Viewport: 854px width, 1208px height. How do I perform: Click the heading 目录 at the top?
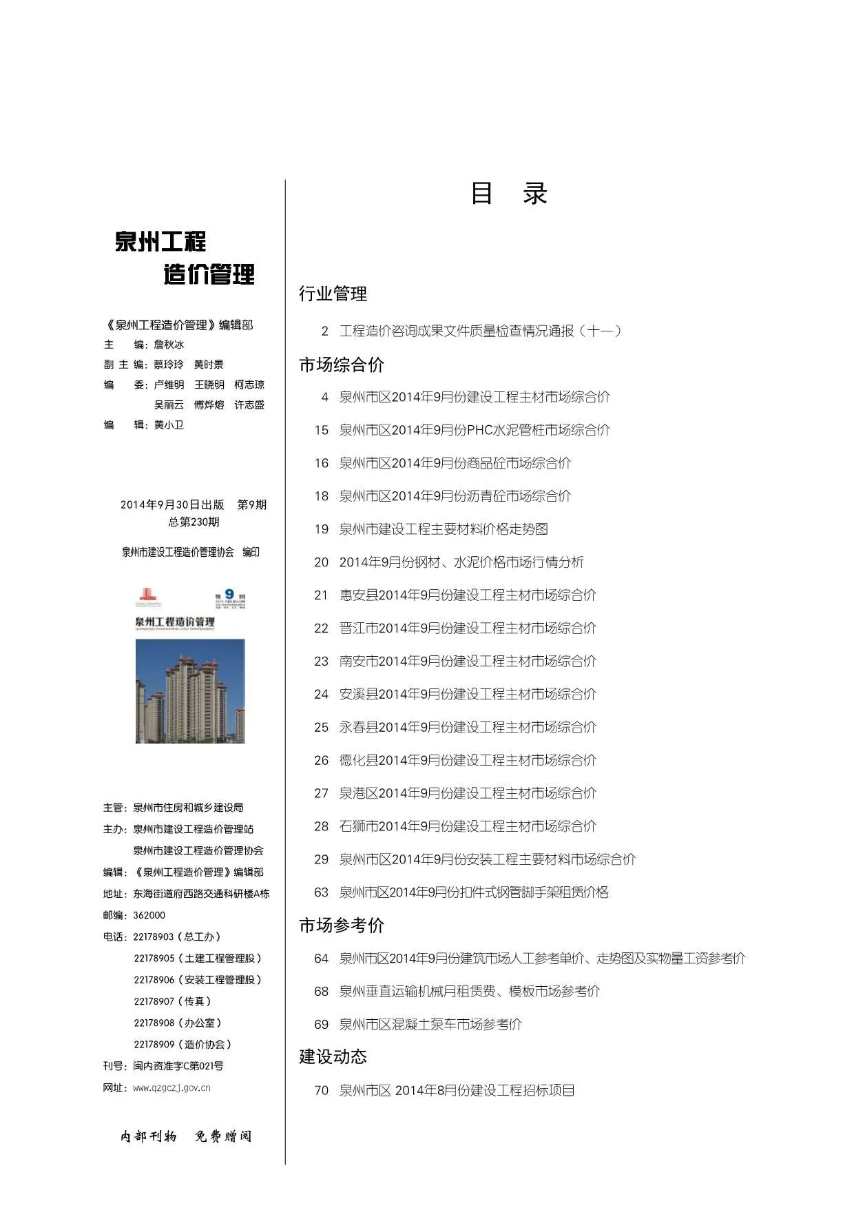[x=508, y=194]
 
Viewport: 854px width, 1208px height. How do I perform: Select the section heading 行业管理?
[x=333, y=294]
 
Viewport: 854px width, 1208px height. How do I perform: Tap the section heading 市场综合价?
[x=341, y=365]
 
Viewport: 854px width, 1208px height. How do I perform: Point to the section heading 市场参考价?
[x=341, y=925]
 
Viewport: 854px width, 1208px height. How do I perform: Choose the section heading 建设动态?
[x=333, y=1056]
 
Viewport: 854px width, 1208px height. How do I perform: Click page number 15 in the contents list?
[x=321, y=430]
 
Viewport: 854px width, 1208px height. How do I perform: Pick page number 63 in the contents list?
[x=321, y=892]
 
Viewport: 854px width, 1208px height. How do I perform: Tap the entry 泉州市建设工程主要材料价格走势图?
[x=444, y=529]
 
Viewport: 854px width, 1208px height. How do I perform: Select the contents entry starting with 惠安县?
[x=468, y=595]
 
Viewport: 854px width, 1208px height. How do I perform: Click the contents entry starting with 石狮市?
[x=468, y=826]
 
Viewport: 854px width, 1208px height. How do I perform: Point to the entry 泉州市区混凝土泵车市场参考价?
[x=430, y=1025]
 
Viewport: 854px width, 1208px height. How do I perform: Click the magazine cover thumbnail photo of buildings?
[x=190, y=690]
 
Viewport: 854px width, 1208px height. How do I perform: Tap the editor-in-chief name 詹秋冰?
[x=169, y=345]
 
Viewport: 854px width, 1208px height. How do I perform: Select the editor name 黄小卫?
[x=169, y=425]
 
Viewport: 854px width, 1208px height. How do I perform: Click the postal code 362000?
[x=149, y=915]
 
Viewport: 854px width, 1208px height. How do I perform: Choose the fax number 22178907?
[x=154, y=1001]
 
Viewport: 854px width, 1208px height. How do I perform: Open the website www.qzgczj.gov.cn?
[x=171, y=1088]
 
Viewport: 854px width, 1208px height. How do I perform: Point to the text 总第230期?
[x=194, y=522]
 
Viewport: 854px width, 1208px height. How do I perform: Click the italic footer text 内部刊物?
[x=149, y=1136]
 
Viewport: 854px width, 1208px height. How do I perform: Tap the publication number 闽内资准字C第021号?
[x=178, y=1066]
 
